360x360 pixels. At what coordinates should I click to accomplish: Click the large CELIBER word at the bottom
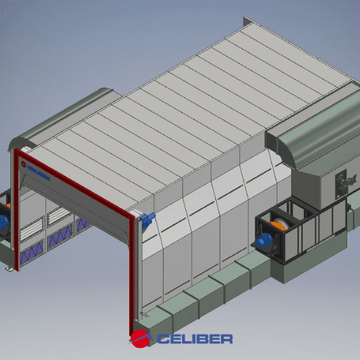(x=195, y=339)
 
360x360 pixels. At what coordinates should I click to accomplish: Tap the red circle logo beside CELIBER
(x=140, y=338)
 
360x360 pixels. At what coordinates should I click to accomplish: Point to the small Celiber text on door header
(x=39, y=172)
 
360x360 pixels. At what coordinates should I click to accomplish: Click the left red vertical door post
(x=17, y=210)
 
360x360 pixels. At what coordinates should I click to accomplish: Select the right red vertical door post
(x=132, y=274)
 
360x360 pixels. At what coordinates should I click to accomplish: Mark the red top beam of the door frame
(x=74, y=183)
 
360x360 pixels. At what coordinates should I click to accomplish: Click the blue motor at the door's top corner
(x=148, y=220)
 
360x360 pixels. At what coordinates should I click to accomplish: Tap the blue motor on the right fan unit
(x=264, y=240)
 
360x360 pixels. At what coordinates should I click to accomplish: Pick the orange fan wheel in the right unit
(x=279, y=225)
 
